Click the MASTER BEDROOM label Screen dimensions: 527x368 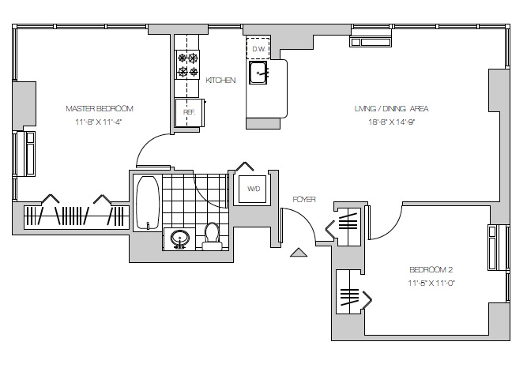(x=99, y=108)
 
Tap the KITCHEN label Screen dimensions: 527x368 (x=220, y=81)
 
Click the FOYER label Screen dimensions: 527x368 (x=303, y=200)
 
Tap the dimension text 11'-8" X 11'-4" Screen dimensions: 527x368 (x=99, y=122)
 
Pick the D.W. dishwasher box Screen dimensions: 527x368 (x=258, y=49)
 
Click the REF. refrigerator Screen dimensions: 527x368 (x=190, y=111)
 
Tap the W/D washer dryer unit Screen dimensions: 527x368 (x=254, y=190)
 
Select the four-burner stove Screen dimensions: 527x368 (x=188, y=65)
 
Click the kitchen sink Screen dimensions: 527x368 (x=258, y=73)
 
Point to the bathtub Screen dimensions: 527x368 (x=147, y=201)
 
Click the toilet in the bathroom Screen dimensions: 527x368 (x=212, y=235)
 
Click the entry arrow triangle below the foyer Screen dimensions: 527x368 (x=299, y=253)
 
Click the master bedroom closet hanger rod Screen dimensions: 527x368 (x=72, y=216)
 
